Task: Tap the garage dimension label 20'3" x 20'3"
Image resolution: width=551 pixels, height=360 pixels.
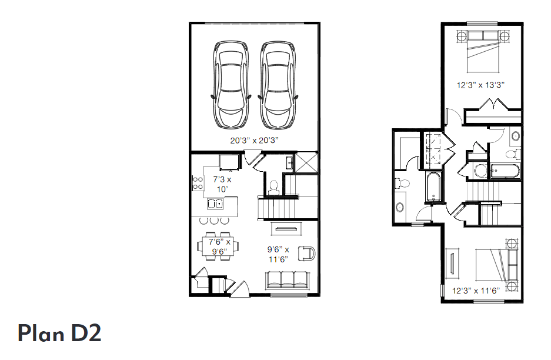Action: point(253,141)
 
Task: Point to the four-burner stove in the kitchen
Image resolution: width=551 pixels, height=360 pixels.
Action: point(196,183)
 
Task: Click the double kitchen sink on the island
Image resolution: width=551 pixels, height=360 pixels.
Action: point(215,204)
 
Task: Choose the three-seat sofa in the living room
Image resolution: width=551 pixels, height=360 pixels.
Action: point(288,279)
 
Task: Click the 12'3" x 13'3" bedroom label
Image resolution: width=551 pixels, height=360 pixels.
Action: point(481,85)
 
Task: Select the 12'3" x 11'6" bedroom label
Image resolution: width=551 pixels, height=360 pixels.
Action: point(475,290)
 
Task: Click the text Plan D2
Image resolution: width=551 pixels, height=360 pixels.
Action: point(59,333)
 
